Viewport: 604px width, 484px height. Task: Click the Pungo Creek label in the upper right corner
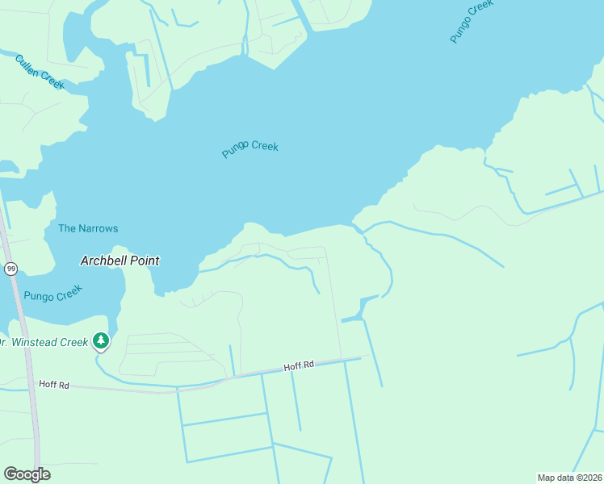point(472,22)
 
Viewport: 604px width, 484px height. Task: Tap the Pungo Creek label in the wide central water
point(250,149)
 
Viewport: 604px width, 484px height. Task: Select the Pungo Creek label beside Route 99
point(52,296)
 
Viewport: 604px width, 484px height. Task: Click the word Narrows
point(98,228)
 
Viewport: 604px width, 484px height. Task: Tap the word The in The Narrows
point(67,228)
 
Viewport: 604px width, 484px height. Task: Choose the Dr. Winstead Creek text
point(44,342)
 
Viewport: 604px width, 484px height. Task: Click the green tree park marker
point(100,341)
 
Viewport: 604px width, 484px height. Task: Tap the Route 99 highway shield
point(10,269)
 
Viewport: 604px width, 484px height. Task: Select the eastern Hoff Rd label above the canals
point(298,366)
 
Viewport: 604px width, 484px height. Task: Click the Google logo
point(27,474)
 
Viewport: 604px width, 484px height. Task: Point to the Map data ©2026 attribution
point(569,477)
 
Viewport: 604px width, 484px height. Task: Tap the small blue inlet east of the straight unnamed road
point(359,310)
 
